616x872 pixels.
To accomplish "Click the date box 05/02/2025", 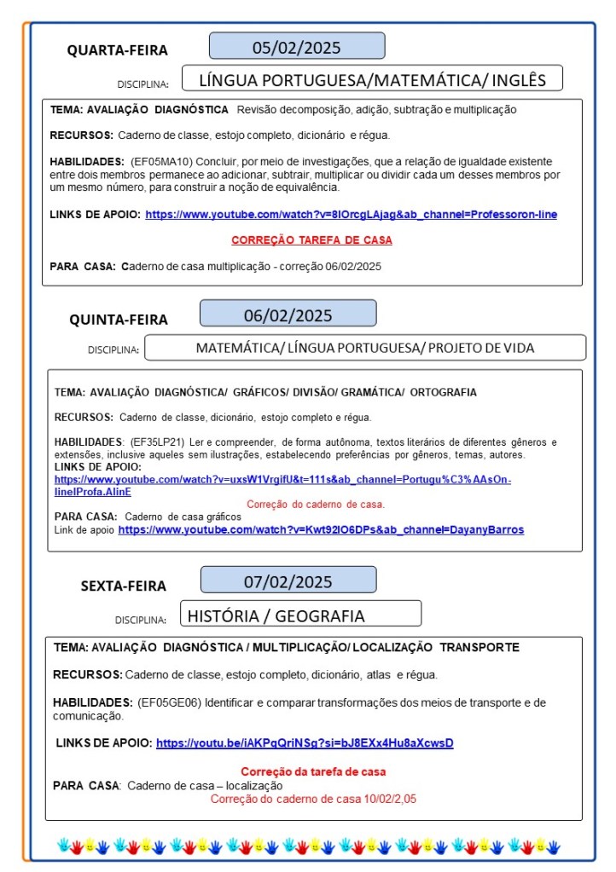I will click(296, 46).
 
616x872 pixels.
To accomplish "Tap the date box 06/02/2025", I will click(288, 314).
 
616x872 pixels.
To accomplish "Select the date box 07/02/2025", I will click(288, 582).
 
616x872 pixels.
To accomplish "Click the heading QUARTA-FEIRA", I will click(118, 50).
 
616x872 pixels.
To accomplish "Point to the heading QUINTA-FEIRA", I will click(119, 320).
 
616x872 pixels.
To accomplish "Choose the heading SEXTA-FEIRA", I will click(124, 586).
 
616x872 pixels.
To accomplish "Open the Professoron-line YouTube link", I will click(351, 215).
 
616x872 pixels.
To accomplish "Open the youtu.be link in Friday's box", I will click(305, 743).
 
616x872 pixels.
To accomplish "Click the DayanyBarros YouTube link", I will click(321, 530).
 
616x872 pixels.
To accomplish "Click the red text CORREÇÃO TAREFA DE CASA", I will click(311, 240).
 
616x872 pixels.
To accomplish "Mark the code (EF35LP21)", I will click(156, 442).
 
